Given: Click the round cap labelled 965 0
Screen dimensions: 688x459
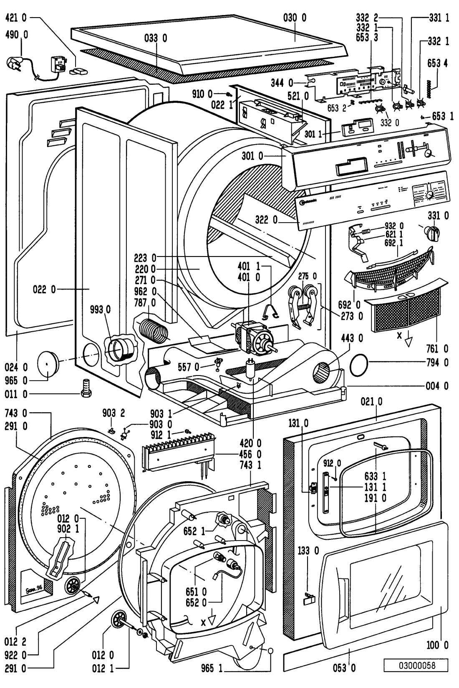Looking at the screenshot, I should point(48,363).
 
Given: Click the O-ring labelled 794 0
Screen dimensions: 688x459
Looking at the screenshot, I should point(361,362).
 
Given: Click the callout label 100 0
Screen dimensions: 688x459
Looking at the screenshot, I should point(437,645).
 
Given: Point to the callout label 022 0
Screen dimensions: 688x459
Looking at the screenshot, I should point(44,289).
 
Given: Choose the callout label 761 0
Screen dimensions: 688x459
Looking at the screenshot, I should point(437,348).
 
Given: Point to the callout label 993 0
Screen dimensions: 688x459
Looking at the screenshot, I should point(100,309).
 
